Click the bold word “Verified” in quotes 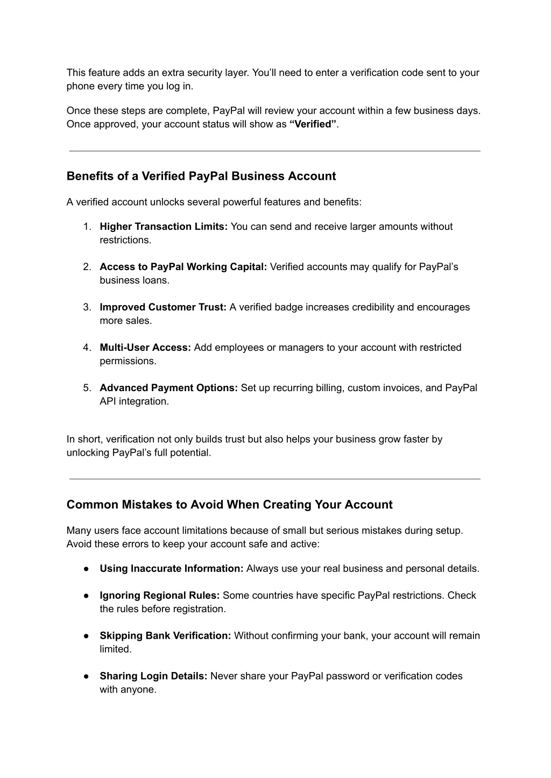(313, 124)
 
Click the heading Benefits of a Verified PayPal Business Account (201, 176)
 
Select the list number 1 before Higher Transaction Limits (87, 227)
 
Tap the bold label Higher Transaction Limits (164, 227)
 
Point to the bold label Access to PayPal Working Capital (183, 267)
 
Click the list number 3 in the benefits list (87, 307)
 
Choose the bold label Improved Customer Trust (163, 307)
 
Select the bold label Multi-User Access (145, 348)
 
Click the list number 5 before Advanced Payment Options (87, 388)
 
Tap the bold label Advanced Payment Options (168, 388)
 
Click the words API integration (134, 401)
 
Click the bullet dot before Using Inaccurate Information (86, 569)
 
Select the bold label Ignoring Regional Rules (159, 596)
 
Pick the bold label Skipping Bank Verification (165, 636)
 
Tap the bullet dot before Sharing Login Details (86, 676)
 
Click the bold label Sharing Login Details (153, 676)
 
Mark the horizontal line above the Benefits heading (274, 151)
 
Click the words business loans (134, 280)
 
